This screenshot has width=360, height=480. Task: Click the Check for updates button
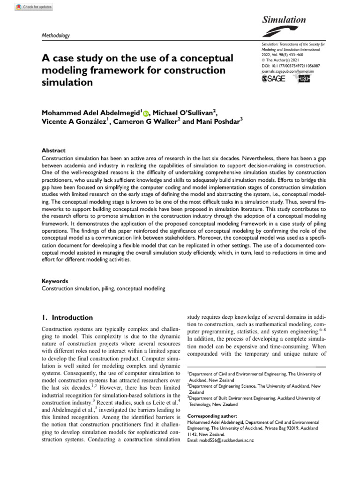[x=34, y=7]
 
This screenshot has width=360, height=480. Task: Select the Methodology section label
[x=55, y=35]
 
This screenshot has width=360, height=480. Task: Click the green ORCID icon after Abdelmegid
[x=145, y=113]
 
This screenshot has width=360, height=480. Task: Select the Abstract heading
[x=53, y=150]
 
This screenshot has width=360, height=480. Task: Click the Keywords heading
[x=55, y=281]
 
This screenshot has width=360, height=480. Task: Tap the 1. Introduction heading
[x=67, y=317]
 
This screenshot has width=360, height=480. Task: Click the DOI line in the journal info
[x=291, y=66]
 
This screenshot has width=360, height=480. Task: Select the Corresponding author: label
[x=212, y=416]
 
